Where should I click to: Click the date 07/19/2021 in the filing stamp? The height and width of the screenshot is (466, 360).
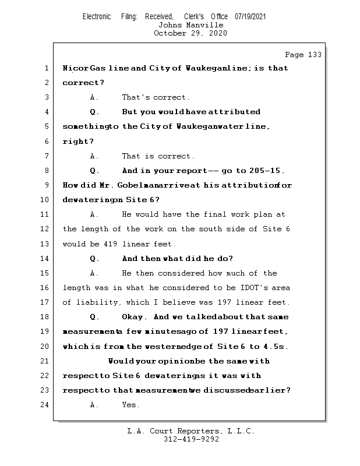[x=250, y=16]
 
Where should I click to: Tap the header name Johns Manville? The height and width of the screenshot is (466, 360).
[x=190, y=25]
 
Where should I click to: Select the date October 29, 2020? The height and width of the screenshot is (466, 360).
[x=190, y=33]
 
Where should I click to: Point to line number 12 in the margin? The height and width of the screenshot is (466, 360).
[x=46, y=229]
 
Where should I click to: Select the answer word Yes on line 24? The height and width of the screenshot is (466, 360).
[x=130, y=405]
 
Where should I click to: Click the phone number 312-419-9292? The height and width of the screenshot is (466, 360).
[x=190, y=439]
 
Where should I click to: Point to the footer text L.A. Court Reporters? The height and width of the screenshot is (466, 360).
[x=190, y=431]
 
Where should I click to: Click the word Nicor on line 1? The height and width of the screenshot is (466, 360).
[x=75, y=68]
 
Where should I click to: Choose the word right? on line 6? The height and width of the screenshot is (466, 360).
[x=78, y=142]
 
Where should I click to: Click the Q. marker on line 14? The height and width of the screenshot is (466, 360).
[x=95, y=259]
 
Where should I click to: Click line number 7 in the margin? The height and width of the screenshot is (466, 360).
[x=46, y=156]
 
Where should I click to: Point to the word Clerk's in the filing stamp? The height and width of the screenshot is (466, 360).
[x=193, y=16]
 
